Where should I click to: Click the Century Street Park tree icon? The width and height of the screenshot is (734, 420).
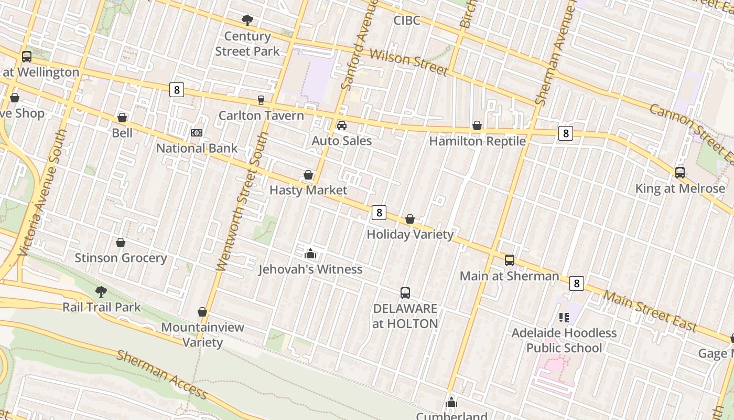pyautogui.click(x=247, y=20)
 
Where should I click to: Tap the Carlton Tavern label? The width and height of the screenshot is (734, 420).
pyautogui.click(x=261, y=115)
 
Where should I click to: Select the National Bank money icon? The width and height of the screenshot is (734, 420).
pyautogui.click(x=197, y=133)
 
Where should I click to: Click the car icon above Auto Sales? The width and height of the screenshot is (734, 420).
pyautogui.click(x=342, y=125)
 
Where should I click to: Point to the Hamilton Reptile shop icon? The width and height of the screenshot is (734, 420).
pyautogui.click(x=477, y=125)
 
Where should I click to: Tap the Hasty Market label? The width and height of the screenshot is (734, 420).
pyautogui.click(x=308, y=190)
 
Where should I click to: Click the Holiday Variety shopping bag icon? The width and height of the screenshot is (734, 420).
pyautogui.click(x=410, y=219)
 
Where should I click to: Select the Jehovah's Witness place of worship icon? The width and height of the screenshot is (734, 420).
pyautogui.click(x=310, y=254)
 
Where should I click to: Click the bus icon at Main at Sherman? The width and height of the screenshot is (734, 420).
pyautogui.click(x=510, y=260)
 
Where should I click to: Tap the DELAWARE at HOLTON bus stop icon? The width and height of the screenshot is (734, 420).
pyautogui.click(x=405, y=293)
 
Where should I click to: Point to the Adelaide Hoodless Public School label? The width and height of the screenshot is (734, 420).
pyautogui.click(x=564, y=340)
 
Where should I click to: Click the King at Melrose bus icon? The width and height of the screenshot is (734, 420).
pyautogui.click(x=680, y=173)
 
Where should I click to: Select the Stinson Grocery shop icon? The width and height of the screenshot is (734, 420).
pyautogui.click(x=121, y=243)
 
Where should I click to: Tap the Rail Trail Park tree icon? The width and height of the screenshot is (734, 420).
pyautogui.click(x=101, y=291)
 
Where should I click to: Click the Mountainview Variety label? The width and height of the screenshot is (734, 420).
pyautogui.click(x=202, y=334)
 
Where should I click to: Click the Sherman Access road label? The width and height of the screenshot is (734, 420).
pyautogui.click(x=162, y=374)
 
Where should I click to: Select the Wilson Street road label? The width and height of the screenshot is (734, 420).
pyautogui.click(x=409, y=62)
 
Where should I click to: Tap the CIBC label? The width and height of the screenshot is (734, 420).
pyautogui.click(x=407, y=20)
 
